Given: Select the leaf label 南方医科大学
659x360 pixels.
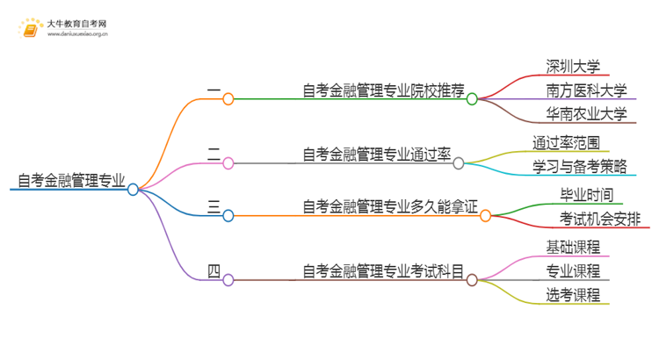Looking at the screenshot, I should (586, 90).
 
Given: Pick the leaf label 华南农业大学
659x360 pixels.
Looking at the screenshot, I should (586, 114).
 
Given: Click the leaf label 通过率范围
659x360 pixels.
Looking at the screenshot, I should (567, 141).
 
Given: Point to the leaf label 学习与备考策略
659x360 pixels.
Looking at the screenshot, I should (579, 165).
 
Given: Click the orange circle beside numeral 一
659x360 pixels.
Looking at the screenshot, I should (228, 99).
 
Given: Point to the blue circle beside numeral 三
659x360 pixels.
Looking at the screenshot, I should (228, 215).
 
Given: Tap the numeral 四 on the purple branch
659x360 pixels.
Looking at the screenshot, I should (214, 270).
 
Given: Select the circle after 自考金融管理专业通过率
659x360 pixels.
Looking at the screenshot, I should (458, 162).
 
